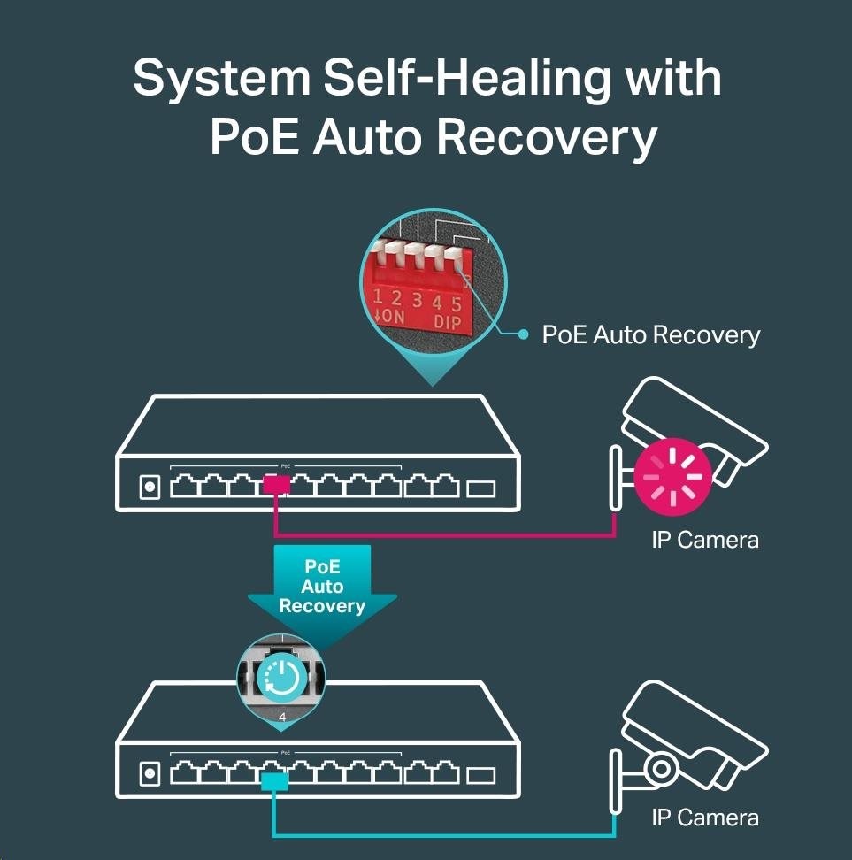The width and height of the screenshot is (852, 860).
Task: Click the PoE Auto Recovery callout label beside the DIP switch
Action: point(650,335)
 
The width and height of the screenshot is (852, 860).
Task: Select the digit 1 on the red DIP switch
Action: point(378,296)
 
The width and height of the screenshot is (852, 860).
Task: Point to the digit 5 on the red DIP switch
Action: point(457,303)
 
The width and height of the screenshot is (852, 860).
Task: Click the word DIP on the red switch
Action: point(448,322)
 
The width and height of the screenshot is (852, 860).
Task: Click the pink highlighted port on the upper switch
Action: point(276,486)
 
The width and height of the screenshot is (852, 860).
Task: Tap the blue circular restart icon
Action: point(281,679)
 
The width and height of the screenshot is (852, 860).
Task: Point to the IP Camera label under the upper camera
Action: point(704,540)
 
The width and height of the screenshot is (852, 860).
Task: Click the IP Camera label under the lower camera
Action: point(704,818)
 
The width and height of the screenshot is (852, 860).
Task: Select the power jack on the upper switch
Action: point(150,487)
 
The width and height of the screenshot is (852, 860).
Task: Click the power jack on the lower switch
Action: point(150,776)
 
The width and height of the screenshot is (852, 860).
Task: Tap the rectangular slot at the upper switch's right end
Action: point(481,488)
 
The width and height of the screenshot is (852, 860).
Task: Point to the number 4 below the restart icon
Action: point(282,717)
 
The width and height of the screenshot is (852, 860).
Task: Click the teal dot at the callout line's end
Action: point(524,334)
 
